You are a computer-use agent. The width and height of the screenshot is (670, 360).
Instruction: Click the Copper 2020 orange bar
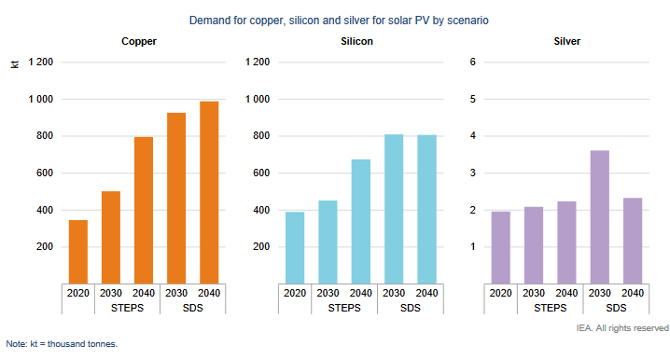78,252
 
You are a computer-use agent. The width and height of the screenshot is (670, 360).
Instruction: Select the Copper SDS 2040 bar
209,193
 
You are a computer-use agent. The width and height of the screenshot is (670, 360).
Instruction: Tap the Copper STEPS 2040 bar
144,211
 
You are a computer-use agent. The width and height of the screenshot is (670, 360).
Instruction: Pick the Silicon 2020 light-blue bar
295,248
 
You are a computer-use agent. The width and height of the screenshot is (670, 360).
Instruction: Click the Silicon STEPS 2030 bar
328,242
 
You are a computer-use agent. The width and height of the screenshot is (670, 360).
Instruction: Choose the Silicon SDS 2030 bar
394,209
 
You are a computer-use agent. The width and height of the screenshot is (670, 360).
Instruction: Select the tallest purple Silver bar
599,217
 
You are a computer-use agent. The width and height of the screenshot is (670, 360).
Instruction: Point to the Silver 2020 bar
501,248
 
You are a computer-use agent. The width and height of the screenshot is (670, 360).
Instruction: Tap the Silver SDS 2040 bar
633,241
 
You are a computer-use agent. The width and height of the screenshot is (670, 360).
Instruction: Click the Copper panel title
139,41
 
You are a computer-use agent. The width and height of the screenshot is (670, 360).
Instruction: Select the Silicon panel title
356,41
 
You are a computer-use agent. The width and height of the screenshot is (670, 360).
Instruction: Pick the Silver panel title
567,41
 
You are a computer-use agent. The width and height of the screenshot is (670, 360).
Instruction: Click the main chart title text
339,21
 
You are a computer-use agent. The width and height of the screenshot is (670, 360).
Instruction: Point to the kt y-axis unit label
15,64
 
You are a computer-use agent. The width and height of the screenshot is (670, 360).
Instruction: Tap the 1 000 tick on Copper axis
41,99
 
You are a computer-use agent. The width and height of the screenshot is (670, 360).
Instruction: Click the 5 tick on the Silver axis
472,99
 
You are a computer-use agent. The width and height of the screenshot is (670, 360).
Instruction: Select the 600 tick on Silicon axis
261,173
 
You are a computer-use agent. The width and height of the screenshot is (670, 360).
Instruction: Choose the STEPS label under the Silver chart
550,308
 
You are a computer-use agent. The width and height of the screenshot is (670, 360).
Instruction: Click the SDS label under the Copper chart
193,308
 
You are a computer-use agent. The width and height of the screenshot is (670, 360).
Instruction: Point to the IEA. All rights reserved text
622,328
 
